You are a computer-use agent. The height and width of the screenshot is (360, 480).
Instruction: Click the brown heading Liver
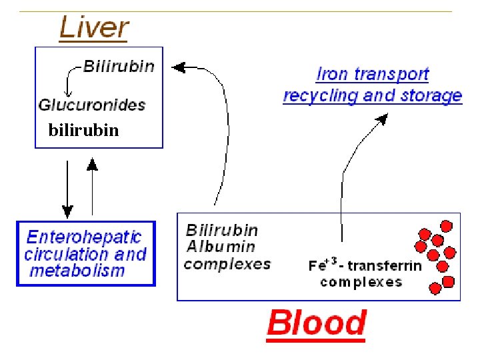click(94, 29)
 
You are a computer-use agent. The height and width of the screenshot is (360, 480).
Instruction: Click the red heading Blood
click(316, 323)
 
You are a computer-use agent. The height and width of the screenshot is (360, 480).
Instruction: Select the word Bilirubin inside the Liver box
click(119, 66)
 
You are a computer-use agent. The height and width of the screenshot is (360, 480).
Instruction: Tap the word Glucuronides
click(92, 105)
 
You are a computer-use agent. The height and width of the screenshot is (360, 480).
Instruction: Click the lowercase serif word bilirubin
click(83, 131)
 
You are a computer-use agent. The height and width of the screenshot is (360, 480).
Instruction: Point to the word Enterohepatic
click(84, 237)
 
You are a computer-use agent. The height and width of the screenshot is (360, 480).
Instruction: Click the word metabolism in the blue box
click(77, 271)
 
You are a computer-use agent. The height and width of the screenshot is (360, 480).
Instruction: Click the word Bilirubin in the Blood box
click(222, 230)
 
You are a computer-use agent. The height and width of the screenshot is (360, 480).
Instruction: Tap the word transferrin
click(389, 266)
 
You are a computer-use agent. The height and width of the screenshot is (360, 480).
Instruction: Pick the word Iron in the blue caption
click(331, 74)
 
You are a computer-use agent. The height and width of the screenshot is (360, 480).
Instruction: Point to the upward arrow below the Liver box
click(92, 163)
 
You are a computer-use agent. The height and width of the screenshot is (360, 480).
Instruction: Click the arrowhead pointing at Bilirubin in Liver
click(178, 67)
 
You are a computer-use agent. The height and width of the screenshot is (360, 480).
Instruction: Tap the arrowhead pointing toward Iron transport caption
click(382, 119)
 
